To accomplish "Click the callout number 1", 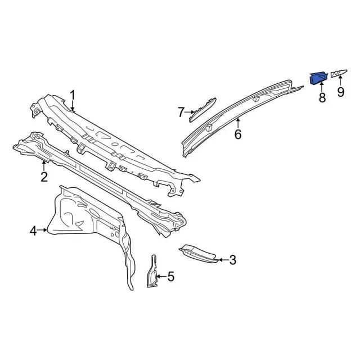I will tap(73, 94).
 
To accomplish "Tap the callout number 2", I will tap(44, 178).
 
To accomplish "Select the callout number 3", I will tap(233, 260).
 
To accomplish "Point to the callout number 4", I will tap(33, 230).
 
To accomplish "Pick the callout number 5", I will tap(171, 276).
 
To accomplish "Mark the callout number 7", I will tap(181, 112).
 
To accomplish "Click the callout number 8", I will tap(322, 97).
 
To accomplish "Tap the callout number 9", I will tap(341, 92).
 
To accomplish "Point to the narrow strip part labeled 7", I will tap(202, 108).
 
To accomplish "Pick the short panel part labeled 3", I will tap(197, 254).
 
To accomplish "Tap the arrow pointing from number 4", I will tap(44, 230).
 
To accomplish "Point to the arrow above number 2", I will tap(44, 165).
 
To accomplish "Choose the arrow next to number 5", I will tap(161, 276).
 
